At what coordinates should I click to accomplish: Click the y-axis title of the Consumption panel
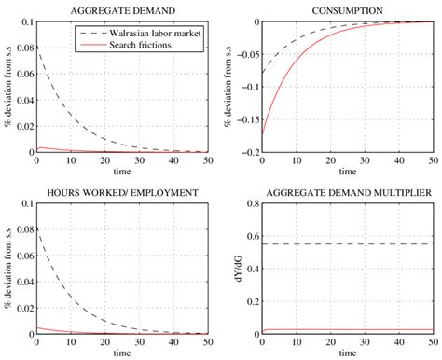click(228, 87)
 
